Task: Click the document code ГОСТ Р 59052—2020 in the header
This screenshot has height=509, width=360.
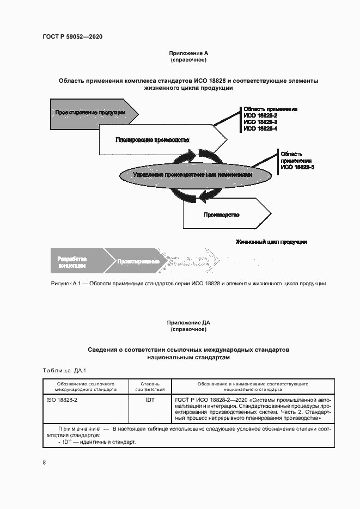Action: (72, 36)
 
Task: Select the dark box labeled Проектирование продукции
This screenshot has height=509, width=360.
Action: (90, 112)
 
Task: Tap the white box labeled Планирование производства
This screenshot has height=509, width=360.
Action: (152, 140)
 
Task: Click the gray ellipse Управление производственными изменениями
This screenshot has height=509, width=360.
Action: (185, 175)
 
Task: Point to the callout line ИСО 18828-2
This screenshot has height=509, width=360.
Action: (260, 115)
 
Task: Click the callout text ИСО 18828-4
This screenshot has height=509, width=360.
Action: (260, 128)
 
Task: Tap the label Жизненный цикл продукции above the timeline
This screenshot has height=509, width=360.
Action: (271, 241)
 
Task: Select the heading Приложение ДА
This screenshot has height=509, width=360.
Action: (188, 323)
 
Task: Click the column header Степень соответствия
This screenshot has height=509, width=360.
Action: (150, 387)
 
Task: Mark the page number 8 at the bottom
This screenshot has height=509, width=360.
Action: (44, 462)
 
